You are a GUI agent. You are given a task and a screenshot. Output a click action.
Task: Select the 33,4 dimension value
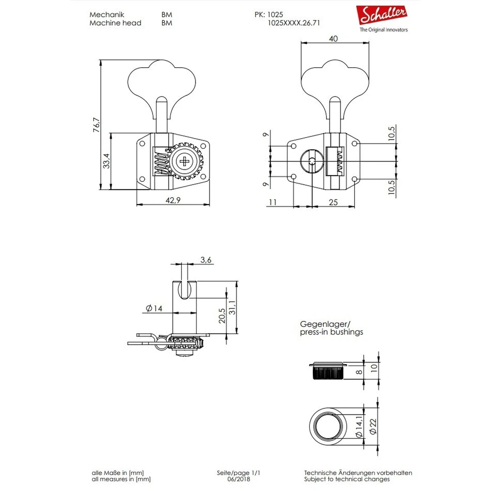click(x=106, y=161)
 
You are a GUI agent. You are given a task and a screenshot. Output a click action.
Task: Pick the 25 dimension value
click(x=333, y=202)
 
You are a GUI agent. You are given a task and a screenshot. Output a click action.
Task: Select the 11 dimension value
click(x=273, y=202)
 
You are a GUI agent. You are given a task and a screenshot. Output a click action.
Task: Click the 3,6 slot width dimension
click(x=205, y=260)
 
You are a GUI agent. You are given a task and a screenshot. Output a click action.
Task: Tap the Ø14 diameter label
click(x=154, y=309)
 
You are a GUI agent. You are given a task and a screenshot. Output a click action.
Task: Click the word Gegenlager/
click(x=325, y=324)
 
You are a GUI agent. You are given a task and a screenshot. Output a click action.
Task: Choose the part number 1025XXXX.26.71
click(x=294, y=23)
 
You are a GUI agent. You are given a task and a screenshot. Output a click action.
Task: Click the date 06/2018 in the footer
click(x=239, y=479)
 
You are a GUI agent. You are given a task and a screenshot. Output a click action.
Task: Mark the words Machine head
click(x=115, y=23)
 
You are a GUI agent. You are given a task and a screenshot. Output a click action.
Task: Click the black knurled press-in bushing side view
click(x=326, y=373)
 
